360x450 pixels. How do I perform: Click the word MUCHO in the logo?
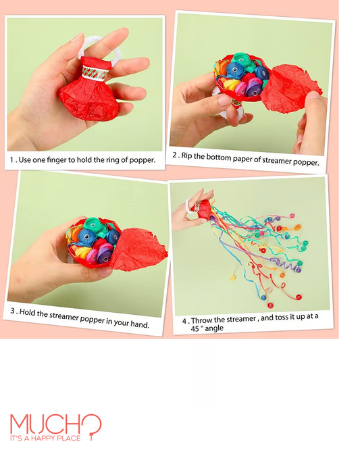55,424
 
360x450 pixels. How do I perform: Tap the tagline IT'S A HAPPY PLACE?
45,439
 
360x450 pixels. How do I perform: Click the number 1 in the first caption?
11,160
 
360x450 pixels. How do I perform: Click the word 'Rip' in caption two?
186,156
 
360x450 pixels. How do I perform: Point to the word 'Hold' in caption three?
28,313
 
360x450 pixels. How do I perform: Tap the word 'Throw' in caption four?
200,320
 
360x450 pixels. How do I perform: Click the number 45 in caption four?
195,328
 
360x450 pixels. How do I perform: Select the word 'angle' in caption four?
214,328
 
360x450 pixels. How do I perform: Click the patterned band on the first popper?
95,72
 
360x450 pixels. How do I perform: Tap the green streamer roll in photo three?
95,224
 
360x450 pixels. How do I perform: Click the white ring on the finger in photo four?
188,206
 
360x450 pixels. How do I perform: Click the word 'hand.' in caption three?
140,324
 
